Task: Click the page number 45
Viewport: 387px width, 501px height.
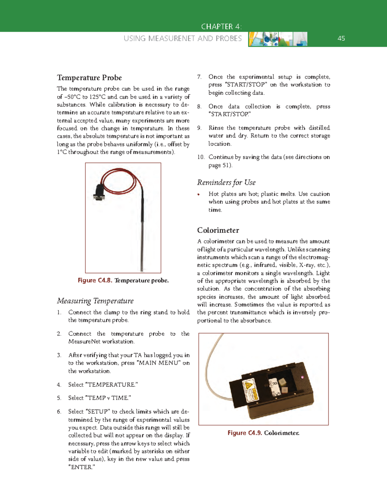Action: coord(341,38)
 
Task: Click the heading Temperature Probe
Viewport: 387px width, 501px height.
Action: coord(89,78)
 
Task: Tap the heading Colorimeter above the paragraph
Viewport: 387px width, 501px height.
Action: coord(218,230)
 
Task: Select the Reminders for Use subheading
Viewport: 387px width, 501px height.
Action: coord(226,183)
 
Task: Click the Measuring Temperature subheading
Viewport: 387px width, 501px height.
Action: coord(95,301)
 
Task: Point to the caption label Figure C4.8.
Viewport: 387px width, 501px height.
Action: coord(95,280)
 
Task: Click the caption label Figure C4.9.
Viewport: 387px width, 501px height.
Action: coord(244,433)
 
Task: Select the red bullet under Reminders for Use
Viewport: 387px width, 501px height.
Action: coord(199,194)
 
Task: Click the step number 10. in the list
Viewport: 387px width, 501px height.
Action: coord(201,157)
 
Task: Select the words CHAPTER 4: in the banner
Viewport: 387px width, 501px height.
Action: coord(221,26)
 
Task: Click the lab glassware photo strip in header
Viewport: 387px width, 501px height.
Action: coord(277,39)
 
